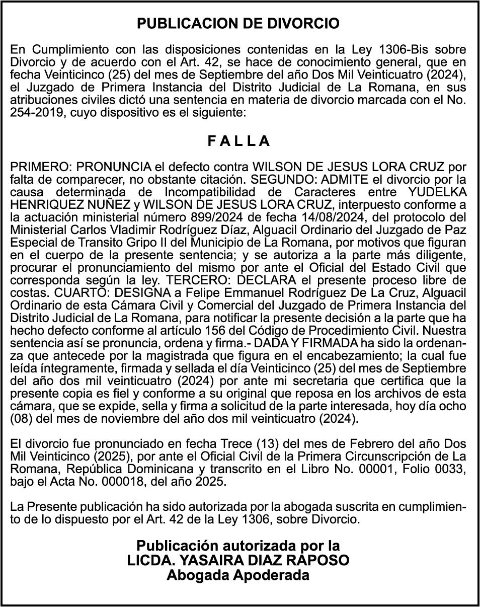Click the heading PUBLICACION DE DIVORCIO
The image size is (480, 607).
[x=238, y=24]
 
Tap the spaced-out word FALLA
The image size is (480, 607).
[x=239, y=141]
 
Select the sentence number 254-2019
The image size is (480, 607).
[x=37, y=113]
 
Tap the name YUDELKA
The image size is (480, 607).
[x=437, y=192]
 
